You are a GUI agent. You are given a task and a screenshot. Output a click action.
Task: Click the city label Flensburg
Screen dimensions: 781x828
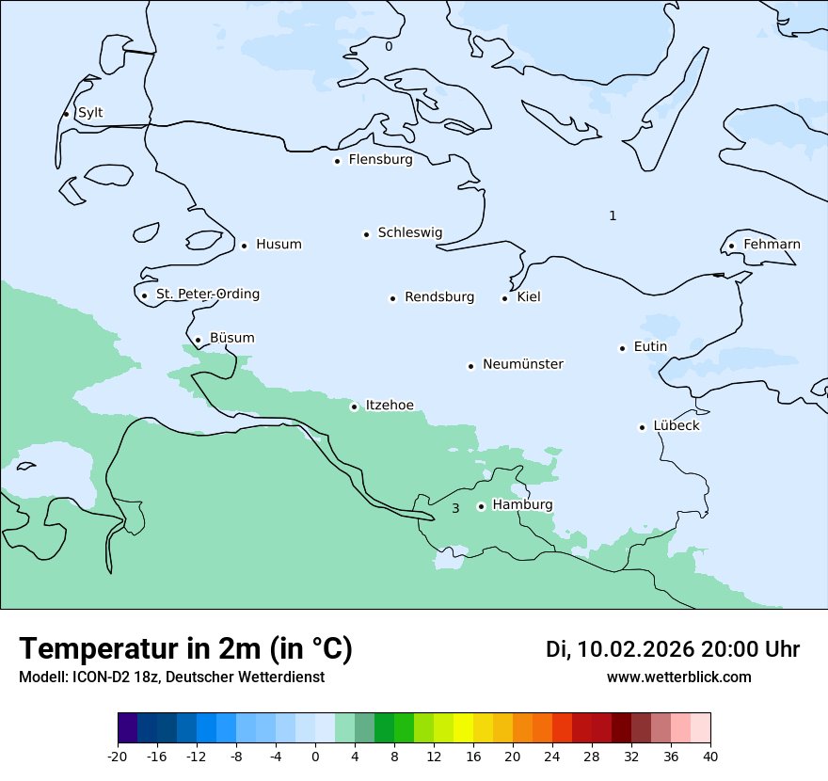[380, 160]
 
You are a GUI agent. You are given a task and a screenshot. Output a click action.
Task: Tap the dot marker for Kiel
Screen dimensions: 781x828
[504, 298]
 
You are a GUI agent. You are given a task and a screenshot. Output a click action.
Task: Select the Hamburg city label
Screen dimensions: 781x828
[522, 505]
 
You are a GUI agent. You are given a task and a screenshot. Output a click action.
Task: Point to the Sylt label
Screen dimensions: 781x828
[90, 113]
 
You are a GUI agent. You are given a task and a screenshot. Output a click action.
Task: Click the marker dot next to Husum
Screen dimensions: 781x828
[244, 246]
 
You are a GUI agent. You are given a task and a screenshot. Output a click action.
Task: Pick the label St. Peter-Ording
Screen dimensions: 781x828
[207, 295]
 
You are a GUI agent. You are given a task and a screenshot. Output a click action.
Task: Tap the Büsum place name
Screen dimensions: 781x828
[231, 338]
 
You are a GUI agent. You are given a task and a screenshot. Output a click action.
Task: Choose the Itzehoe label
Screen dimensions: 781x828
[390, 406]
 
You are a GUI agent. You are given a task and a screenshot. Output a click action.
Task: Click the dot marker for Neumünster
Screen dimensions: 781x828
[470, 366]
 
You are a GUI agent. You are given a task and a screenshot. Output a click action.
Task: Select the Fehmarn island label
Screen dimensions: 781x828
[772, 245]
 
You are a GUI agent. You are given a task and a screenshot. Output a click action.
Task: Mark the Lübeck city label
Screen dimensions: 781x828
[676, 426]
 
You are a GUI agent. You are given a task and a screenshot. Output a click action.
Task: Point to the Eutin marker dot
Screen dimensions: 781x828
[622, 348]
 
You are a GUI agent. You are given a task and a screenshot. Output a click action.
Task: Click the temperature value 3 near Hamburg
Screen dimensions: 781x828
[455, 508]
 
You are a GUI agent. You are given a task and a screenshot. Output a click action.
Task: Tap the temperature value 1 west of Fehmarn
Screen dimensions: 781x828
[613, 215]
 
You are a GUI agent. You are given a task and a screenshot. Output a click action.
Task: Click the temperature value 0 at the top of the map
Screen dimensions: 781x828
[389, 45]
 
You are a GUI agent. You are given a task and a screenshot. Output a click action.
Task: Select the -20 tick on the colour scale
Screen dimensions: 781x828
[118, 756]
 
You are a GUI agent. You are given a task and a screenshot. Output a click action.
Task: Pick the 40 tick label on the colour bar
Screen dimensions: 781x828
[710, 756]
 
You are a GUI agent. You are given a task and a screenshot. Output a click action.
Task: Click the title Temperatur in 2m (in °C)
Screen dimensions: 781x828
[185, 648]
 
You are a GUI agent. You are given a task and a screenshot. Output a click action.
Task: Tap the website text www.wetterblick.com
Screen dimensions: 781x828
[678, 677]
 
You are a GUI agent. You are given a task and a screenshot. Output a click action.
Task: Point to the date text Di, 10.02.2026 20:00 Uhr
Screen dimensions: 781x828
[673, 649]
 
